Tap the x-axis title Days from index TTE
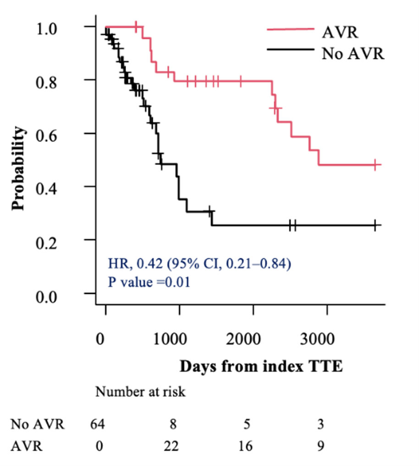pos(261,366)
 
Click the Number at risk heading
pos(140,392)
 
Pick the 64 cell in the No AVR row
pos(99,424)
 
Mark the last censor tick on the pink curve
pos(375,165)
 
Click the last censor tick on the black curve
pos(375,225)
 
